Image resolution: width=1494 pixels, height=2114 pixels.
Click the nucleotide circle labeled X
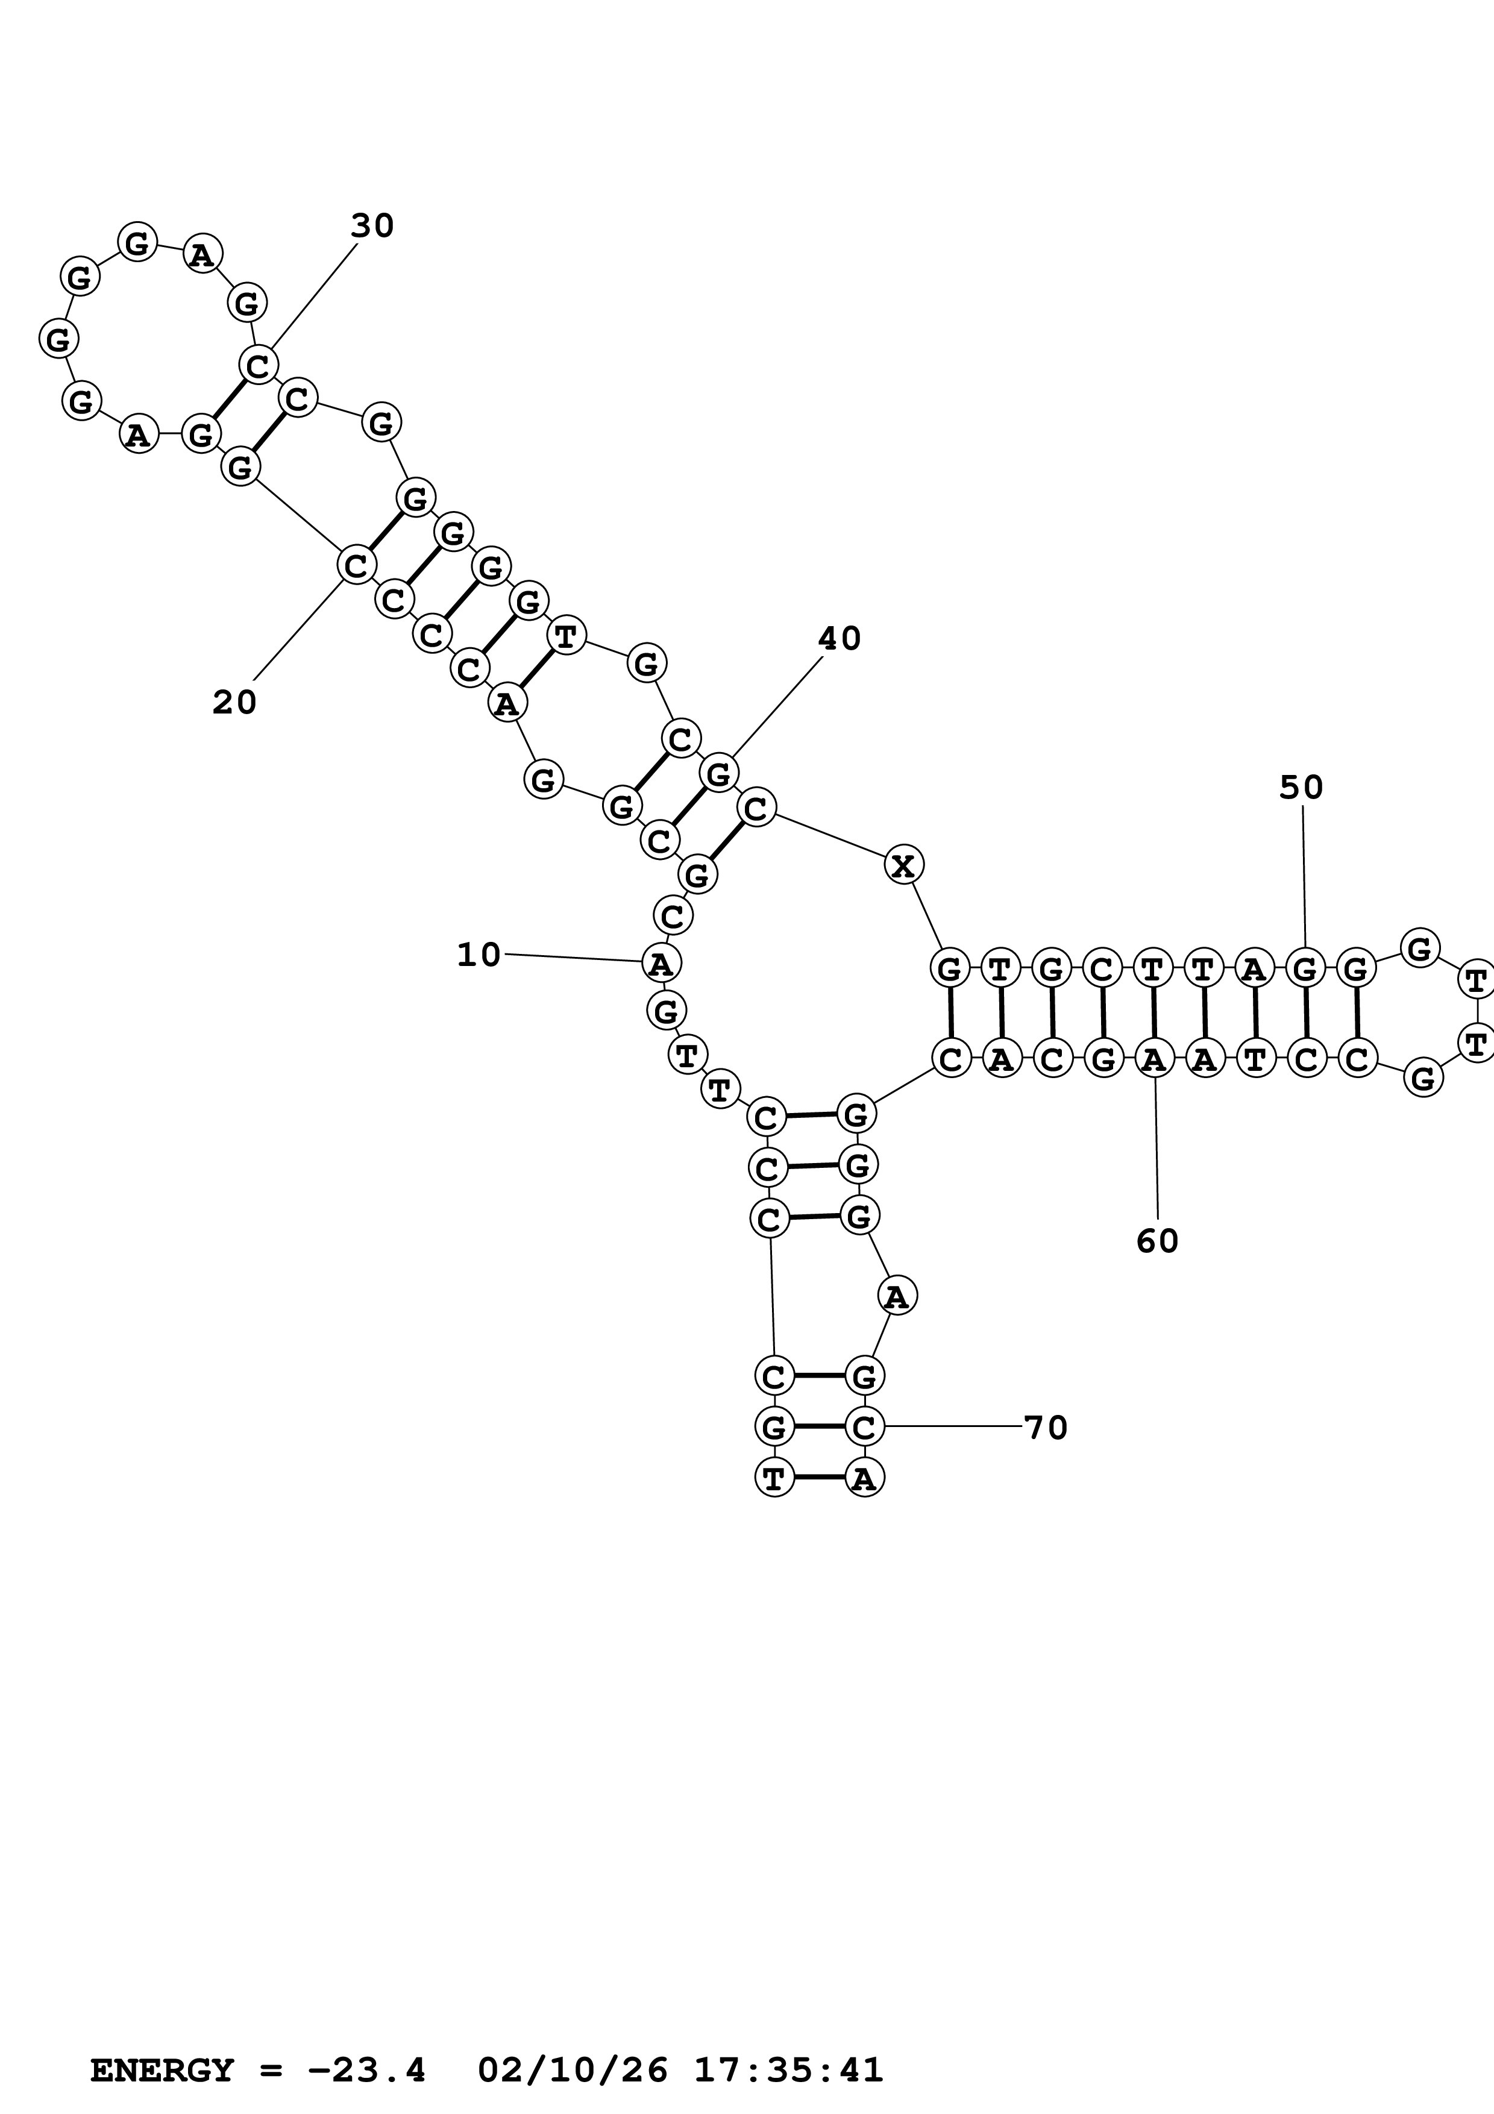tap(904, 865)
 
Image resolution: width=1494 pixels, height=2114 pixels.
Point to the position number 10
tap(479, 955)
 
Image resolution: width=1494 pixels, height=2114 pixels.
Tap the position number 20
tap(234, 703)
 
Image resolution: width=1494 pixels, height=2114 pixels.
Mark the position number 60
tap(1157, 1242)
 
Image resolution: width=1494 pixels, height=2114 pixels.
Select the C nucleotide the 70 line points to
tap(864, 1427)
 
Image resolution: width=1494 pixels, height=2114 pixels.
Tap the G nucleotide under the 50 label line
tap(1304, 968)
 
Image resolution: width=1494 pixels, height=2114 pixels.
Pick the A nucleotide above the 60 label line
tap(1153, 1060)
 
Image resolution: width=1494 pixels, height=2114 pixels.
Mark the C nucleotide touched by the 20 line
tap(356, 565)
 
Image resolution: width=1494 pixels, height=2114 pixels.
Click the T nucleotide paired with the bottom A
tap(774, 1478)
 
